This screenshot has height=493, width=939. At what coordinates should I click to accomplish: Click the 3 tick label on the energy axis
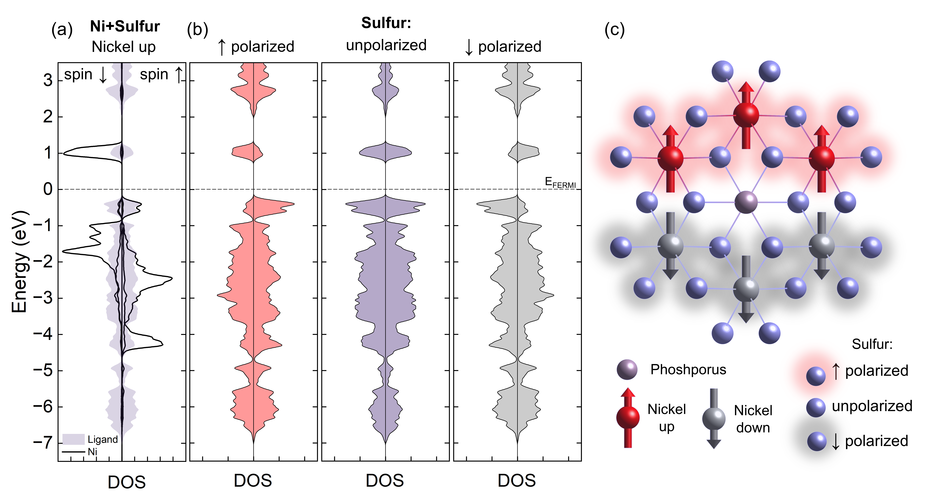[48, 80]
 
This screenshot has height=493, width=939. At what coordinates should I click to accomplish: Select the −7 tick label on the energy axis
[43, 443]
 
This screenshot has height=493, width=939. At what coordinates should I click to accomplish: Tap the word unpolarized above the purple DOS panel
[386, 45]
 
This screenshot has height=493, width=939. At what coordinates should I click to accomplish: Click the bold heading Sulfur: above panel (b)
[386, 23]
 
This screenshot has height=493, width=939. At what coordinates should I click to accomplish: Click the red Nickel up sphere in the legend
[628, 418]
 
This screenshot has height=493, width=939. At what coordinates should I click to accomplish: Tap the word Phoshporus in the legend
[688, 369]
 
